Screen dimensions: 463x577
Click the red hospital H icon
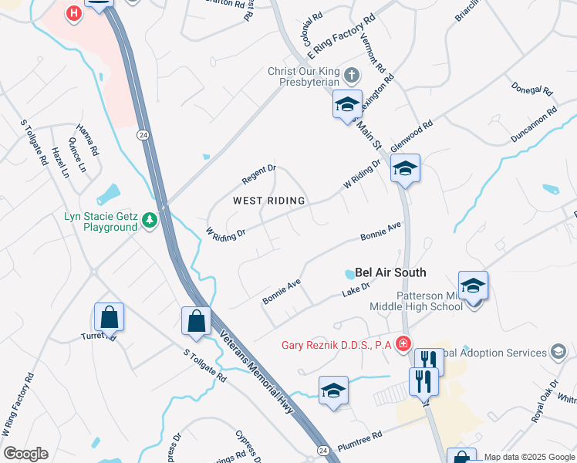pos(73,14)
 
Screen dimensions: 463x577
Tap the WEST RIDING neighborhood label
pos(269,201)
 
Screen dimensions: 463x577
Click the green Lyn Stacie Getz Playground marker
pos(149,222)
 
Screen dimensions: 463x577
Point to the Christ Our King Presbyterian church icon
pos(352,76)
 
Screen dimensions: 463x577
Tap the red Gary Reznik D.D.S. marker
pos(402,343)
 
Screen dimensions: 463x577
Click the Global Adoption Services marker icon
pos(556,353)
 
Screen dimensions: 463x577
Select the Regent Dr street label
pos(258,174)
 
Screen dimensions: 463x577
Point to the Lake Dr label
pos(356,290)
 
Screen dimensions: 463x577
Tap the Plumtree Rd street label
pos(359,438)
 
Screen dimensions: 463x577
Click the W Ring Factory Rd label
pos(19,405)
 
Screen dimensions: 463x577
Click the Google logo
pos(25,454)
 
